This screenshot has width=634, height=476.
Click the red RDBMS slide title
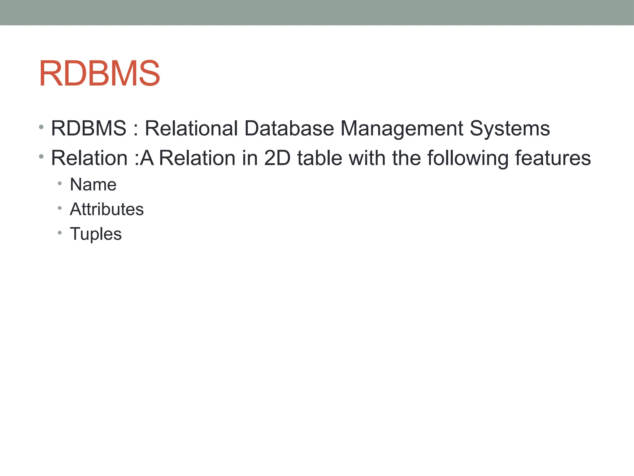(99, 74)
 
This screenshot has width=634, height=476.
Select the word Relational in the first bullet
(191, 128)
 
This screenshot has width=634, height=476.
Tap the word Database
(289, 128)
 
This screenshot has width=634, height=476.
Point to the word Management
(402, 128)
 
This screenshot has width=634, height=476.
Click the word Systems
(510, 128)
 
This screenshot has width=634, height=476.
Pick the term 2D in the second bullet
(277, 158)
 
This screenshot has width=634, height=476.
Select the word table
(319, 158)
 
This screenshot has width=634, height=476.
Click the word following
(468, 158)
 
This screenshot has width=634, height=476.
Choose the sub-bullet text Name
(93, 185)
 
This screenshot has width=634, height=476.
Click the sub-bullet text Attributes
(107, 209)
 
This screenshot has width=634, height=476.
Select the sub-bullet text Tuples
(96, 234)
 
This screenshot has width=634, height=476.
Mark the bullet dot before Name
(60, 183)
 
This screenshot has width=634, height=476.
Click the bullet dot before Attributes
(60, 208)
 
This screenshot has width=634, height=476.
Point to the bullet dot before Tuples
(60, 232)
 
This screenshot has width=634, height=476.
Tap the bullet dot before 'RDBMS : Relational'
(41, 127)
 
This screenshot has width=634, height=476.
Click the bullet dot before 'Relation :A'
(41, 156)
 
